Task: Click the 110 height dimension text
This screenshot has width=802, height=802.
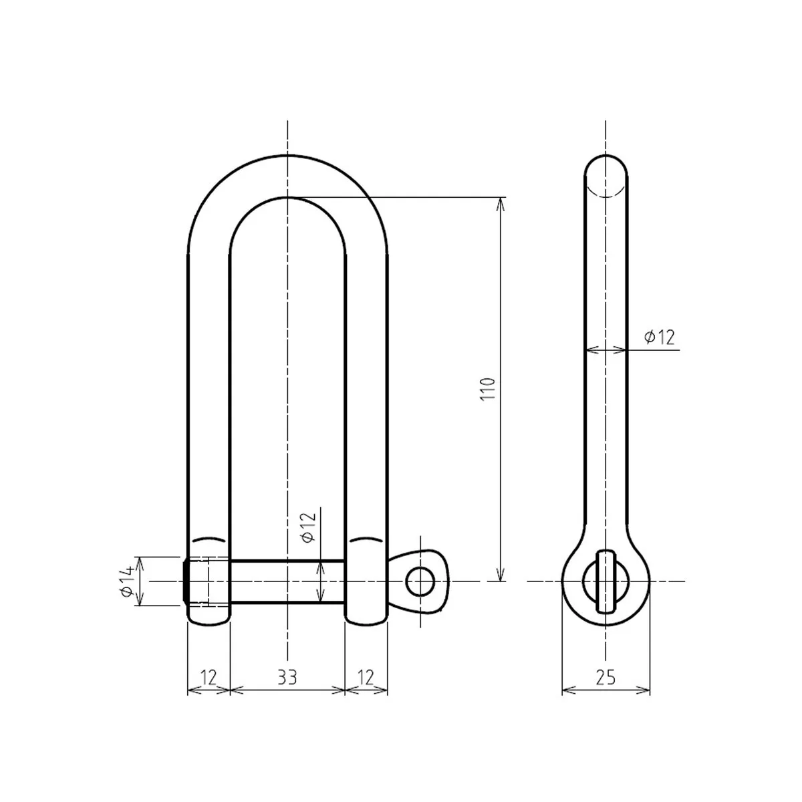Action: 489,389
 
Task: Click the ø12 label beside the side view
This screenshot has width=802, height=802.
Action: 659,338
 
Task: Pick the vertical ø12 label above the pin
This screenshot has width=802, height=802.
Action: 308,528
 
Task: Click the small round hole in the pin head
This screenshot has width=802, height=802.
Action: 419,581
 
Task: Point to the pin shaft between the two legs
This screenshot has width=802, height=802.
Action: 287,581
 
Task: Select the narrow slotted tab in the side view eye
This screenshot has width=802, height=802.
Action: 606,581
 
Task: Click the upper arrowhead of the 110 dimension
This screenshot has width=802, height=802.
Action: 499,203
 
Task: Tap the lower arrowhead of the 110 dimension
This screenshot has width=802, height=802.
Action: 499,575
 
